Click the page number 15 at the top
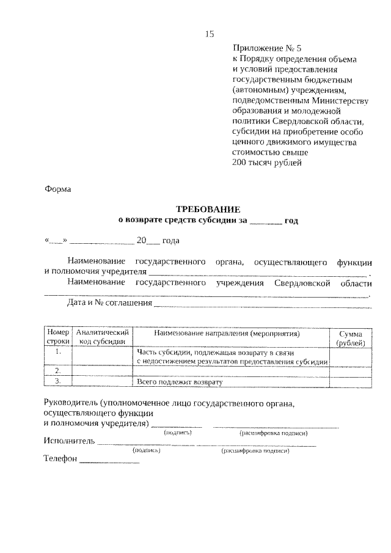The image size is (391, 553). [209, 34]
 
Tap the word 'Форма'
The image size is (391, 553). [58, 189]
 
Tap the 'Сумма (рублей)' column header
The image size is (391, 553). [351, 338]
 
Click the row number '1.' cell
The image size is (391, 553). [58, 353]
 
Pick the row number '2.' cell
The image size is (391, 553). [58, 371]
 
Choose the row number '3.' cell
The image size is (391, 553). [58, 381]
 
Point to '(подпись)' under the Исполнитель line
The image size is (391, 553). [146, 450]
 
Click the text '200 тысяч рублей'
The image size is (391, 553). [267, 163]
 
